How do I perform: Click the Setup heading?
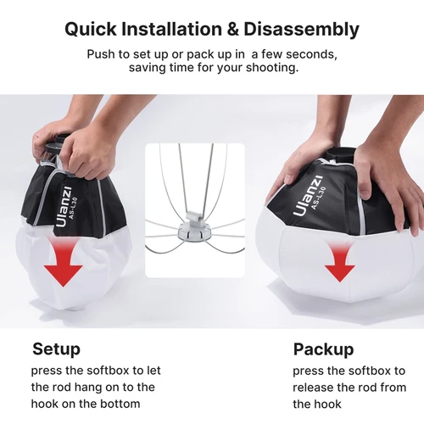(56, 349)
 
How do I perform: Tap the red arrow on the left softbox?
(63, 264)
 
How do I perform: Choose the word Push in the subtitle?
(101, 54)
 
